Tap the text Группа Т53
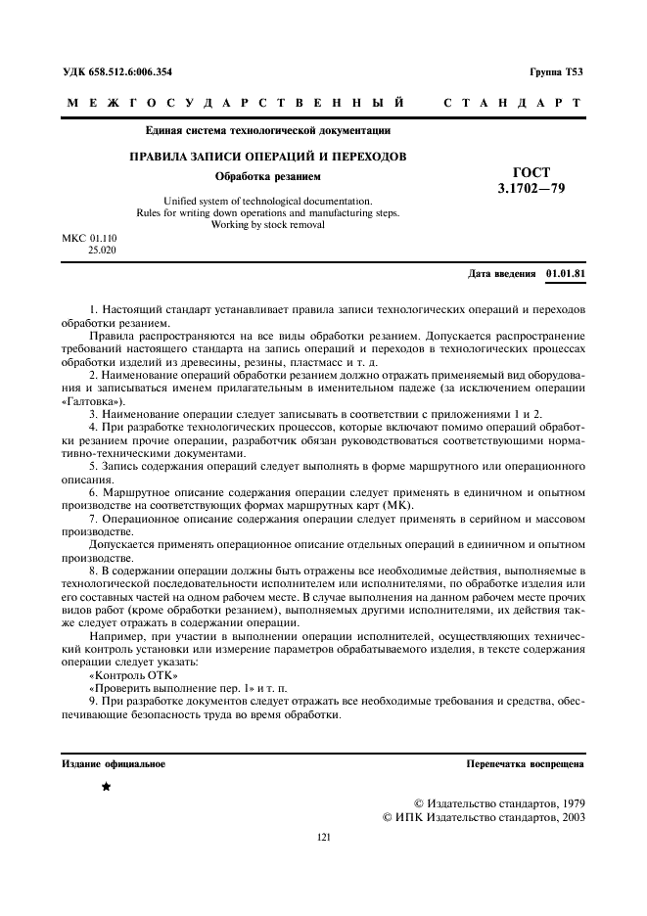coord(557,72)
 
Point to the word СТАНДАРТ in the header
coord(512,103)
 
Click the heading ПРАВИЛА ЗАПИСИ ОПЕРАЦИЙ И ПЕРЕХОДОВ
coord(269,157)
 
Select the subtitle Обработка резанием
coord(268,177)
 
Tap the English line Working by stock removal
coord(268,224)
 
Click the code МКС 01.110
coord(89,238)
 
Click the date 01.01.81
coord(566,274)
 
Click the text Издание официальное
coord(114,763)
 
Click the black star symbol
coord(106,786)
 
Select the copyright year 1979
coord(568,801)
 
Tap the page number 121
coord(324,837)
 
